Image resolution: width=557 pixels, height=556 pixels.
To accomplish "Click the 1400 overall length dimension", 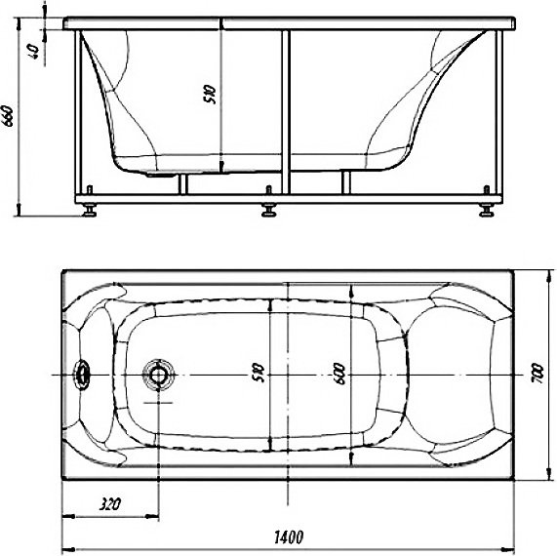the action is point(289,537).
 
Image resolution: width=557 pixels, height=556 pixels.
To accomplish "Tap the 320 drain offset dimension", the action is point(110,504).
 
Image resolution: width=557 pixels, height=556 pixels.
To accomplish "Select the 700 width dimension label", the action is point(537,373).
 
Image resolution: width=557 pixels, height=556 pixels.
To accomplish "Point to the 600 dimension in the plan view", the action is point(339,374).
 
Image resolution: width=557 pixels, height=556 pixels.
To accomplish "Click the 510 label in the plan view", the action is point(259,373).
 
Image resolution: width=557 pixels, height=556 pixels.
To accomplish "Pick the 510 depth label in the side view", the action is point(210,94).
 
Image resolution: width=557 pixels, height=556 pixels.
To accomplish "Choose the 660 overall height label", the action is point(8,116).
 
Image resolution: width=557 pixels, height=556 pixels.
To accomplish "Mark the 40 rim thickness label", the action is point(33,52).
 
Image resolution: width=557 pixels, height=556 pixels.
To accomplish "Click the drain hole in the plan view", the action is point(158,375).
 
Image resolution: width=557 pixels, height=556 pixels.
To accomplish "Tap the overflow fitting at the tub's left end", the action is point(82,376).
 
